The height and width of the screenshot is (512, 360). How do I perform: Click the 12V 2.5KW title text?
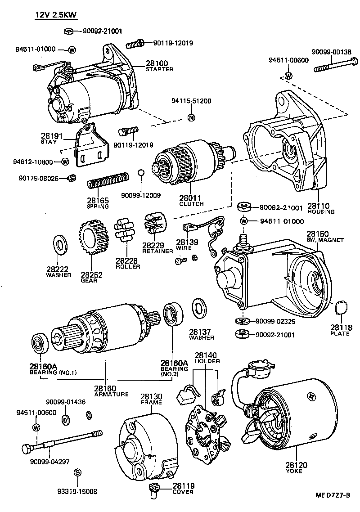coord(56,15)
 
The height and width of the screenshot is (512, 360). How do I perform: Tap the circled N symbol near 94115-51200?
coord(191,118)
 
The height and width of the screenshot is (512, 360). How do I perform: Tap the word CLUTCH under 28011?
coord(191,204)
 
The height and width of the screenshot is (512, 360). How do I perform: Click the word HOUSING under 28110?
coord(321,211)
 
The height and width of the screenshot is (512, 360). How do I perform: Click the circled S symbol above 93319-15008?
coord(77,472)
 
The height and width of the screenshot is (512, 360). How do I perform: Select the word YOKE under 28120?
coord(294,471)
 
